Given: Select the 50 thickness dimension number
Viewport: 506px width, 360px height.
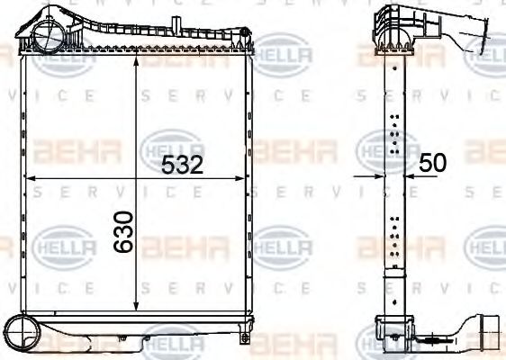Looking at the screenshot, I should point(433,163).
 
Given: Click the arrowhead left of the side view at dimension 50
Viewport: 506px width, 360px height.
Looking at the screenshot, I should point(378,177).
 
